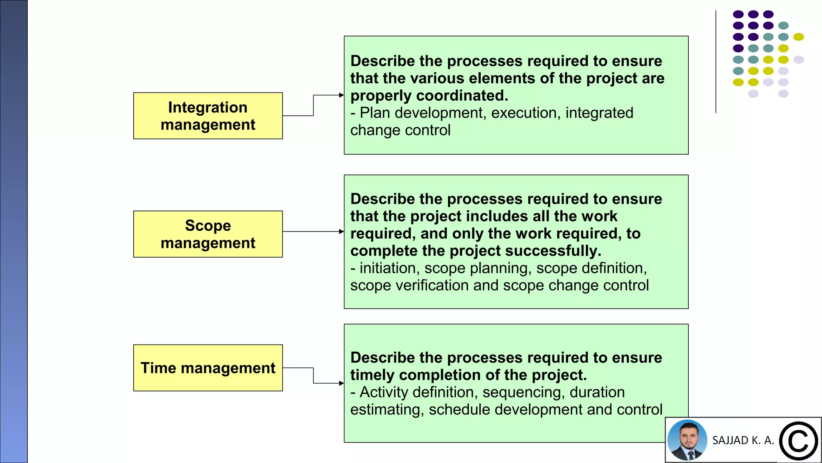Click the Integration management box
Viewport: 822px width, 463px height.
point(208,116)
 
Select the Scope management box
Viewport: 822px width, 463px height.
point(208,234)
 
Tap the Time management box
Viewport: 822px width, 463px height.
point(208,368)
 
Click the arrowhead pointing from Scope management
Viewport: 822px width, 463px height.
point(341,231)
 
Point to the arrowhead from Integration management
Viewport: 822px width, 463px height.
point(341,95)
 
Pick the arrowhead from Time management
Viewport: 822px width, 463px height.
point(341,383)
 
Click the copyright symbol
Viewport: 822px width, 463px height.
point(798,441)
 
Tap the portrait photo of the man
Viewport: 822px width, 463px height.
point(687,440)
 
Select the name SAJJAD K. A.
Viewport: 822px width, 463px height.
point(743,440)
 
